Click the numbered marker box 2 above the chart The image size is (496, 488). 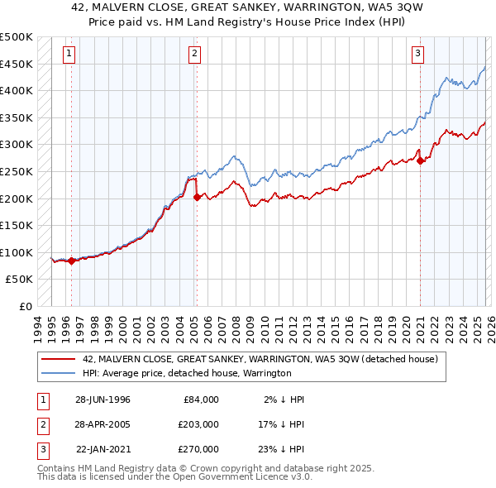193,55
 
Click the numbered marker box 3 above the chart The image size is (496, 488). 418,55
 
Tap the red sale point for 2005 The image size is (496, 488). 197,197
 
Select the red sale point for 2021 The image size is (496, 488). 420,160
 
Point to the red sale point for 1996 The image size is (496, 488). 71,261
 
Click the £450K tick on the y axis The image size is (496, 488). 17,64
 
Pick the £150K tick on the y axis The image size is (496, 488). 17,225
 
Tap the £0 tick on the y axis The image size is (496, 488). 25,306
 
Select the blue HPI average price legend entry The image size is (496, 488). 187,373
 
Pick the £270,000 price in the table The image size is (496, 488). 198,448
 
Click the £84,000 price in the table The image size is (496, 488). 201,399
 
